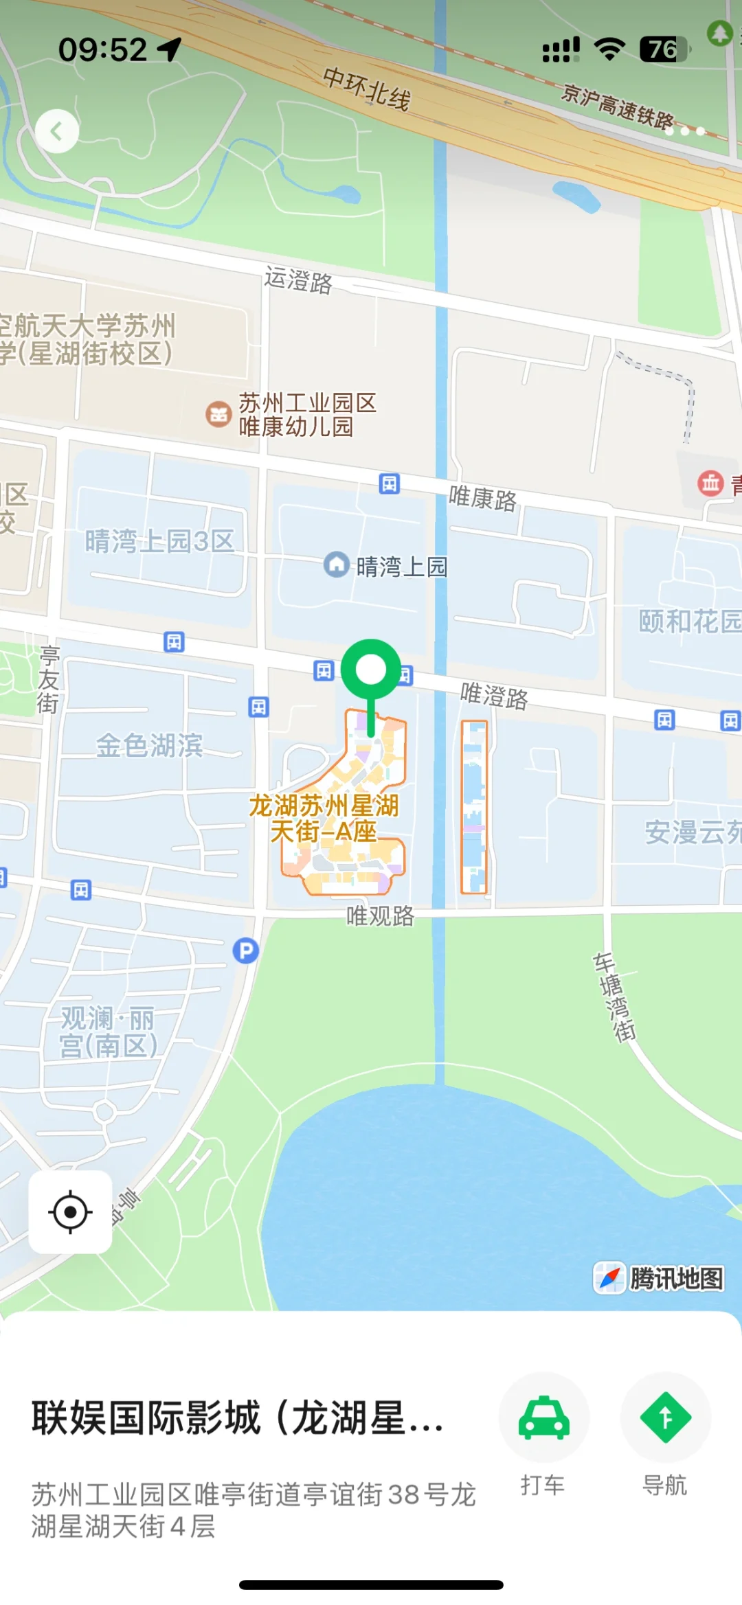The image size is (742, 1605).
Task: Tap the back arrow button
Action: [56, 131]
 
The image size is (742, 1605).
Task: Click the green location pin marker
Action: [371, 670]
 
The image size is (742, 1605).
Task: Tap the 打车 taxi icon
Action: [543, 1418]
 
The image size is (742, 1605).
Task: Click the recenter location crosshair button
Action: [70, 1212]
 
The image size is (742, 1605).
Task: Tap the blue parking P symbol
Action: [245, 951]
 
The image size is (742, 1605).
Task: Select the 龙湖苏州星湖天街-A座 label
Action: [324, 819]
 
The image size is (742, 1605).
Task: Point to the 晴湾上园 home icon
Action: [337, 565]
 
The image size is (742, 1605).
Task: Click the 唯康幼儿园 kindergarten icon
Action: [218, 414]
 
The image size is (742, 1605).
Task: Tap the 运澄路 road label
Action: [298, 280]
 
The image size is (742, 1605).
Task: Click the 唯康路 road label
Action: [482, 499]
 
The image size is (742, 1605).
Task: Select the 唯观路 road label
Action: [380, 916]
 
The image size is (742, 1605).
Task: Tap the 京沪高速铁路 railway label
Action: [617, 106]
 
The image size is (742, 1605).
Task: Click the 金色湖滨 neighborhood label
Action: [149, 745]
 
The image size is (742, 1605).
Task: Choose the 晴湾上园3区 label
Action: [159, 541]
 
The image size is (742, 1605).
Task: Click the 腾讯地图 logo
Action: [658, 1278]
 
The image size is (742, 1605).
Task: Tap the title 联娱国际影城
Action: [237, 1418]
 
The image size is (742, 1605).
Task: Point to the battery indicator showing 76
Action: [663, 49]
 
